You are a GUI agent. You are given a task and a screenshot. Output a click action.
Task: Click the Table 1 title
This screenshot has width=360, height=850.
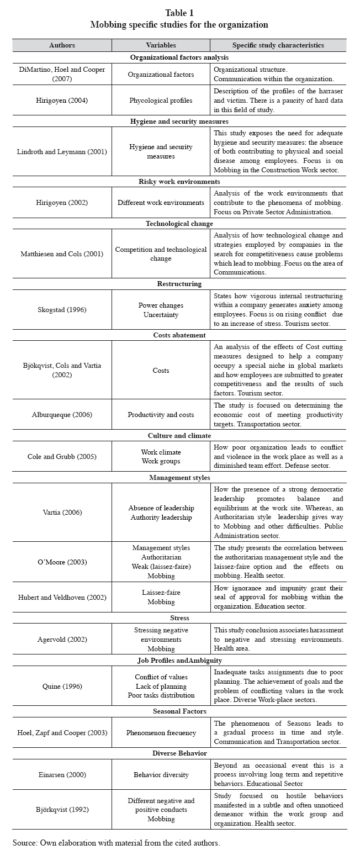(x=179, y=13)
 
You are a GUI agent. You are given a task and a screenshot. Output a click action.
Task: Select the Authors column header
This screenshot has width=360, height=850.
(x=62, y=45)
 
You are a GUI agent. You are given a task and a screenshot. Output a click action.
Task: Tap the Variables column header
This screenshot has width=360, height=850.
(x=161, y=45)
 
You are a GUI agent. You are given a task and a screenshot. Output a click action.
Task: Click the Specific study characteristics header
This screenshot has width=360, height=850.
(x=278, y=45)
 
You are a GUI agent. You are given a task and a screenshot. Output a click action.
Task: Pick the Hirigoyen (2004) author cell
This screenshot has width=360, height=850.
(x=62, y=100)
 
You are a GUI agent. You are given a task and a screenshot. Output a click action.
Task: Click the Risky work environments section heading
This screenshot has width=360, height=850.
(x=179, y=182)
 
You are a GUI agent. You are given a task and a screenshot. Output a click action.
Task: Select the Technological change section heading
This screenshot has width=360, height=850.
(x=179, y=224)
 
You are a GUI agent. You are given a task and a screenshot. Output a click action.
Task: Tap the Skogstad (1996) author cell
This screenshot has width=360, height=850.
(x=62, y=309)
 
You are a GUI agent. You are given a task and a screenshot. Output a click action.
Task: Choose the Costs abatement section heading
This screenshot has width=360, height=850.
(x=179, y=335)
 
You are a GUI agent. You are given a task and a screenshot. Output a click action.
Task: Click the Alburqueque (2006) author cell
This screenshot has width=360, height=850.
(x=62, y=414)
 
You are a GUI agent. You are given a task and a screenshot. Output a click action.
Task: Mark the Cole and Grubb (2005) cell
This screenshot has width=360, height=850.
(x=62, y=456)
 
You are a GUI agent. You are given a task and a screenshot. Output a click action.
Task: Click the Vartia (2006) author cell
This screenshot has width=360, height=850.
(x=62, y=512)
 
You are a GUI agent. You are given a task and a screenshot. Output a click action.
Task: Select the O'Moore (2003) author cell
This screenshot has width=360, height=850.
(x=62, y=562)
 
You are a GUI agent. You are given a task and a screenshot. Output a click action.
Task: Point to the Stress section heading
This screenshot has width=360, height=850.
(x=179, y=618)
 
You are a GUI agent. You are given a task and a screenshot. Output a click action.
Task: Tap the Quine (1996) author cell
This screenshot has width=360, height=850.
(x=62, y=687)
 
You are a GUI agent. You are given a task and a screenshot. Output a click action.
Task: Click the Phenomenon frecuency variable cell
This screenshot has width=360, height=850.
(x=161, y=732)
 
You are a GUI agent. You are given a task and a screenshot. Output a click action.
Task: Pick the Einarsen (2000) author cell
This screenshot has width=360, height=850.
(x=62, y=775)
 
